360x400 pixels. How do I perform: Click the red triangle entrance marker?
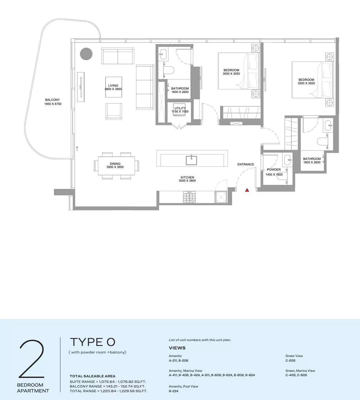[x=247, y=190]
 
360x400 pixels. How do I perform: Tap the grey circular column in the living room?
[x=86, y=54]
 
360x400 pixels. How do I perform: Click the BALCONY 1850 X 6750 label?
[x=53, y=102]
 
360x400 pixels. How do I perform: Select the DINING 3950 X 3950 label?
[x=115, y=165]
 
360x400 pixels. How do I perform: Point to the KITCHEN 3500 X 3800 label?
[x=187, y=179]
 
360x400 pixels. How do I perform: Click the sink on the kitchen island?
[x=191, y=160]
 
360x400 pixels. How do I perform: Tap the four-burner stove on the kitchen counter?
[x=189, y=197]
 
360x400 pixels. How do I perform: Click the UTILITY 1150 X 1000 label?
[x=180, y=110]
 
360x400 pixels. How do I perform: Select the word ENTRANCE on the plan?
[x=246, y=165]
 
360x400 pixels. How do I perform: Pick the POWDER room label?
[x=274, y=170]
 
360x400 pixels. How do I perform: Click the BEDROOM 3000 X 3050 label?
[x=231, y=72]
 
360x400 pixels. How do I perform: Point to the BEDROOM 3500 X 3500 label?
[x=306, y=81]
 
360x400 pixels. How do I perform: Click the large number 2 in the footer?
[x=32, y=359]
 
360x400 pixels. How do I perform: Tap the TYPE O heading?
[x=92, y=342]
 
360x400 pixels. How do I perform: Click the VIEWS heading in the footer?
[x=177, y=348]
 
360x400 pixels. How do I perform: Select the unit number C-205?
[x=290, y=360]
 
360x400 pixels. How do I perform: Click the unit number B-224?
[x=174, y=391]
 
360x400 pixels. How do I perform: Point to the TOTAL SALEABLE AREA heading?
[x=92, y=376]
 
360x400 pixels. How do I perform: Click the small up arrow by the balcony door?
[x=77, y=149]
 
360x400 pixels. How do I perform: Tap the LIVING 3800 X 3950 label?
[x=113, y=87]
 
